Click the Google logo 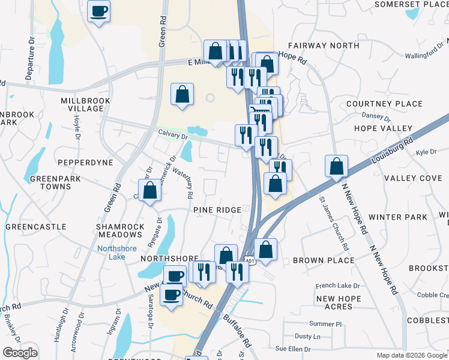(20, 353)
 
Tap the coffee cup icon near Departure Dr (99, 10)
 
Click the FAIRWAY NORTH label (324, 46)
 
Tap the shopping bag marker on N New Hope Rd (337, 166)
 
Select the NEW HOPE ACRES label (339, 302)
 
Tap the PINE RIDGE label (217, 210)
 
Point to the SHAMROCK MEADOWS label (121, 231)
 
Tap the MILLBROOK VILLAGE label (82, 104)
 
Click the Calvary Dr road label (173, 135)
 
